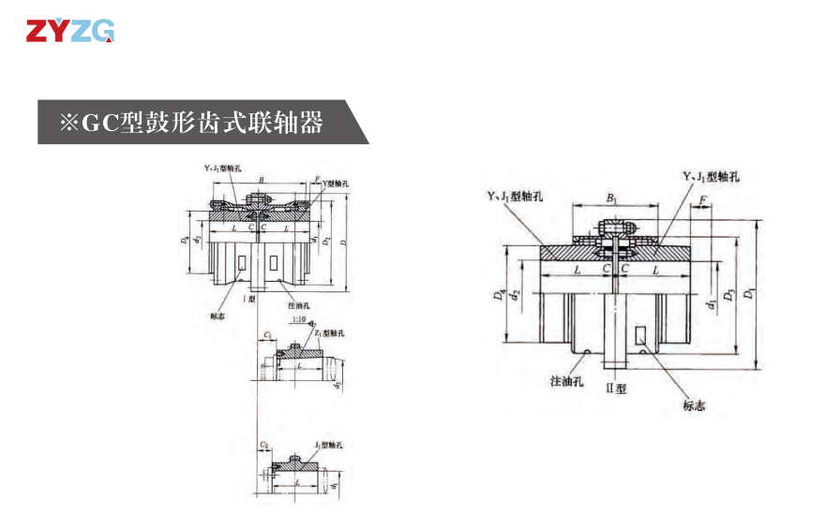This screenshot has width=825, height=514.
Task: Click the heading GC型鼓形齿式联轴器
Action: tap(192, 122)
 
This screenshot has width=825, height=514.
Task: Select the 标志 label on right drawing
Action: tap(694, 405)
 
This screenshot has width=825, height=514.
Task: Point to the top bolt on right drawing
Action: tap(614, 227)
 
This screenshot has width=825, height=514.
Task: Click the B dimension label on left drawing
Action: tap(262, 179)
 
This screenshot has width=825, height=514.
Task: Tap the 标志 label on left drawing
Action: tap(218, 316)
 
